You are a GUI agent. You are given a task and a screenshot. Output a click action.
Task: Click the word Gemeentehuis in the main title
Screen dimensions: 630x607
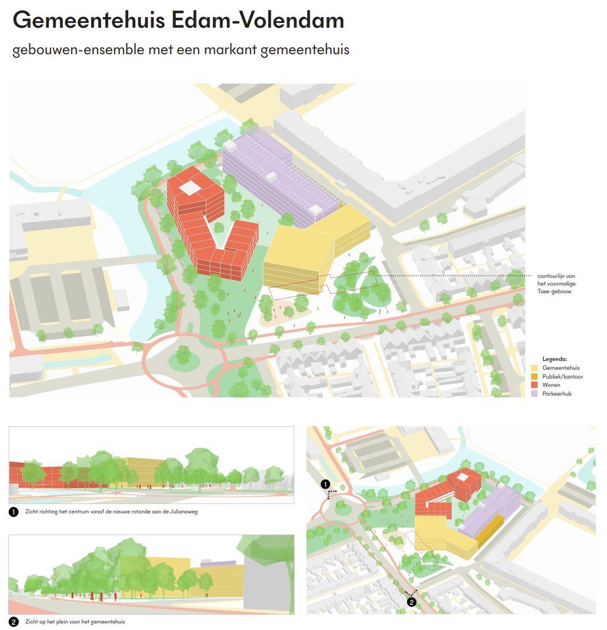(x=88, y=21)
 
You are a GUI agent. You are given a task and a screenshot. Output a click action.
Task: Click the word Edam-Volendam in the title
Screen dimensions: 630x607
(x=258, y=21)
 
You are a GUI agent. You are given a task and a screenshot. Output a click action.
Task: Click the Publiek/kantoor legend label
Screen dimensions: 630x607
(x=562, y=376)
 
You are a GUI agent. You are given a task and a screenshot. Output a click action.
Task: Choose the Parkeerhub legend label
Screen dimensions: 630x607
(x=556, y=393)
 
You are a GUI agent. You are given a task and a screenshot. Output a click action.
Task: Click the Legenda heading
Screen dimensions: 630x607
(x=554, y=359)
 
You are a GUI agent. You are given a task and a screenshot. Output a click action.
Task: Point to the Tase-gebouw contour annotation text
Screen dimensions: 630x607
(x=556, y=283)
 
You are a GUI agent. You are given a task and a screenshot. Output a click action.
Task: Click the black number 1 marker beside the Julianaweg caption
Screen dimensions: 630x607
(x=14, y=512)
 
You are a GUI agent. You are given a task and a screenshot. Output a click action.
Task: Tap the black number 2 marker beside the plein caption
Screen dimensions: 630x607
(x=14, y=622)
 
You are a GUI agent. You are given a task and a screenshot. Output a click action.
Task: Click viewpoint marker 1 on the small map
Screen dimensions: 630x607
(x=325, y=484)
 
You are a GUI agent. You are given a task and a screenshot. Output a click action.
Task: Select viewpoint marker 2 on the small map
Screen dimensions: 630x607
(x=412, y=602)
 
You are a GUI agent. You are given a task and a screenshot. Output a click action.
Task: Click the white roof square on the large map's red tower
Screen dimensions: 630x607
(x=190, y=188)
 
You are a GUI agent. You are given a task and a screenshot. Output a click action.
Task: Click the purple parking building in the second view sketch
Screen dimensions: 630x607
(x=205, y=563)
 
